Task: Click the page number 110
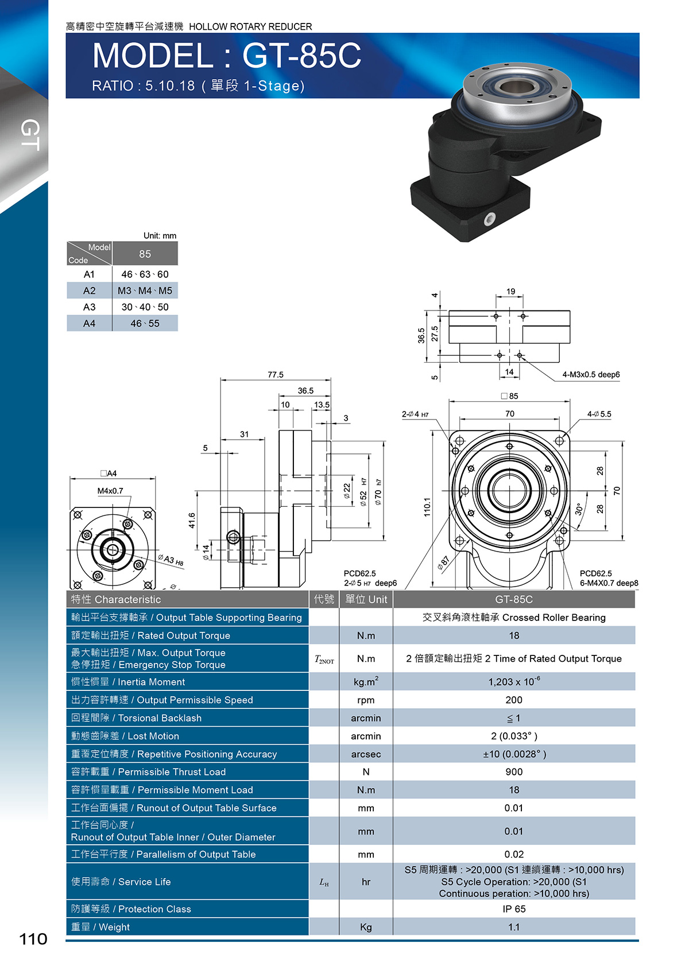coord(33,939)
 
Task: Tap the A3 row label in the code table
coord(89,307)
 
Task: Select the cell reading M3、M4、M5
coord(145,290)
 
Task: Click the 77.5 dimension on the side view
coord(276,374)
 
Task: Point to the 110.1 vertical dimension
coord(427,507)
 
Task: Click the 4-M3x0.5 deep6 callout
coord(591,374)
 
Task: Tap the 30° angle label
coord(579,509)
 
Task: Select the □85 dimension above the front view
coord(509,396)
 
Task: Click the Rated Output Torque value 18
coord(514,636)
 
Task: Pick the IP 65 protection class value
coord(514,909)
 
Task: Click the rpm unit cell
coord(366,700)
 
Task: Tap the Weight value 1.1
coord(514,927)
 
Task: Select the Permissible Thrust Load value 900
coord(514,772)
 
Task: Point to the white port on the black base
coord(490,219)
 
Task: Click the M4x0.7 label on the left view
coord(110,491)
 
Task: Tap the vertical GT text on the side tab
coord(30,135)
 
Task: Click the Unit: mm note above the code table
coord(160,236)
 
